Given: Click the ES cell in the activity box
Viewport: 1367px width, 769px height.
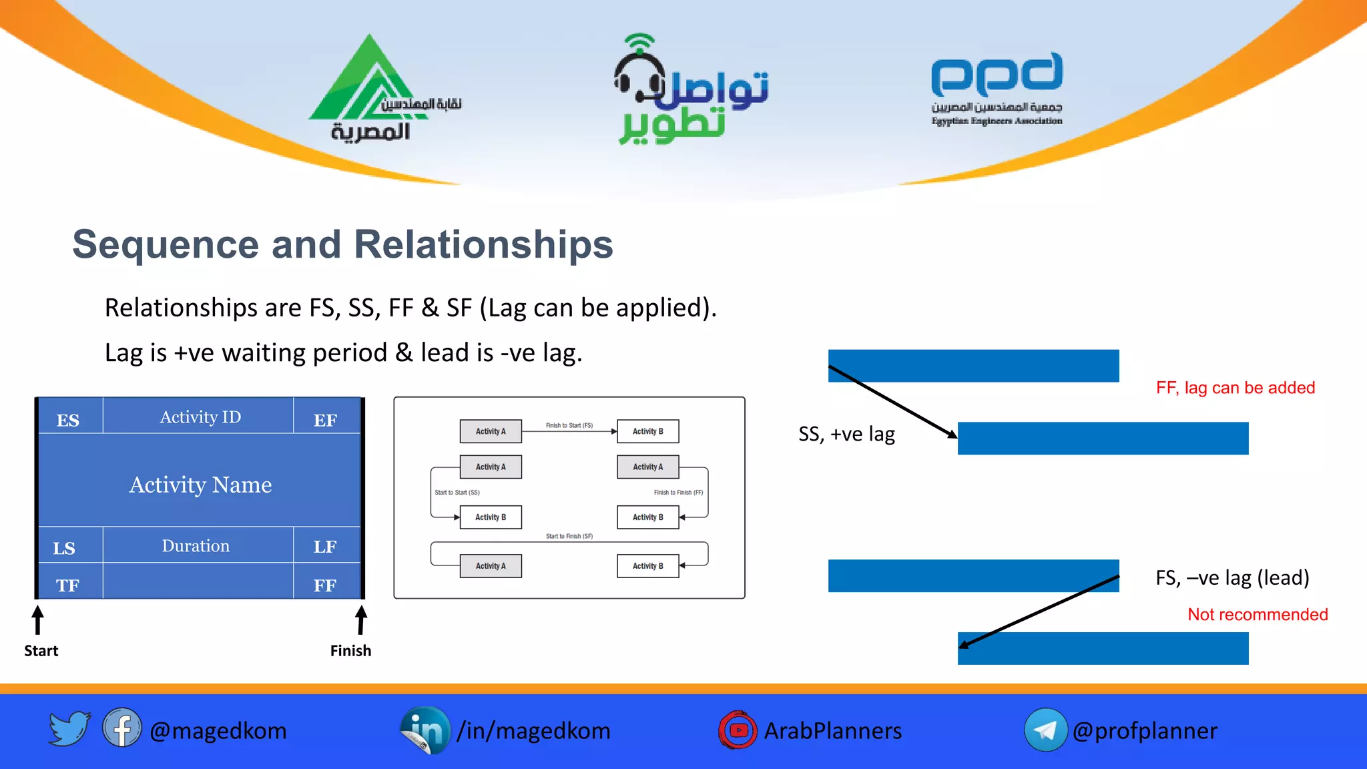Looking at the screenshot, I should pyautogui.click(x=68, y=420).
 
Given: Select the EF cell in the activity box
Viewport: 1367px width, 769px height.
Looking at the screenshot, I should pyautogui.click(x=325, y=420).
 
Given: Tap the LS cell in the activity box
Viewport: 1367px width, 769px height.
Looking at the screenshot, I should pyautogui.click(x=64, y=547).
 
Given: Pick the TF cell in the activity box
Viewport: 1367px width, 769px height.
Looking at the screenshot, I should pyautogui.click(x=67, y=585).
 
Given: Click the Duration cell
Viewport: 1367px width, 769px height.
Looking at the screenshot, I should pyautogui.click(x=196, y=545).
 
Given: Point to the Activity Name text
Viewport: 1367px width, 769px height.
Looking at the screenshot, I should pyautogui.click(x=200, y=484).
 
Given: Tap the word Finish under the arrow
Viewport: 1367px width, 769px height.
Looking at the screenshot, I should pyautogui.click(x=350, y=650).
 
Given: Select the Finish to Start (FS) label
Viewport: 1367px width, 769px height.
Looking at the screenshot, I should pyautogui.click(x=569, y=425).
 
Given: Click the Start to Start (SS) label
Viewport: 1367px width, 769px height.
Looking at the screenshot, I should pyautogui.click(x=457, y=493).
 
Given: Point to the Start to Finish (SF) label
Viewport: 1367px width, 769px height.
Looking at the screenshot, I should pyautogui.click(x=569, y=536).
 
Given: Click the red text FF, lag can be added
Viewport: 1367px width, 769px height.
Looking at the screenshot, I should pyautogui.click(x=1235, y=388).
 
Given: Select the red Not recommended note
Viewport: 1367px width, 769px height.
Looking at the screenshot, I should pyautogui.click(x=1258, y=614).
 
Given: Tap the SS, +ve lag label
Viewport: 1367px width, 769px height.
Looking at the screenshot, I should pyautogui.click(x=846, y=435).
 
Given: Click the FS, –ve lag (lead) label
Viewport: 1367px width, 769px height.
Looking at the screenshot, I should pyautogui.click(x=1232, y=577).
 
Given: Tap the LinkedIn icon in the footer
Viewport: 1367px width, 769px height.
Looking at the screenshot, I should pyautogui.click(x=425, y=730).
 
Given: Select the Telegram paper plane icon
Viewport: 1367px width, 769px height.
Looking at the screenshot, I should pyautogui.click(x=1045, y=730).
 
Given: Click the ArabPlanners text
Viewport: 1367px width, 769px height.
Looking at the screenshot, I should pyautogui.click(x=832, y=731).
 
